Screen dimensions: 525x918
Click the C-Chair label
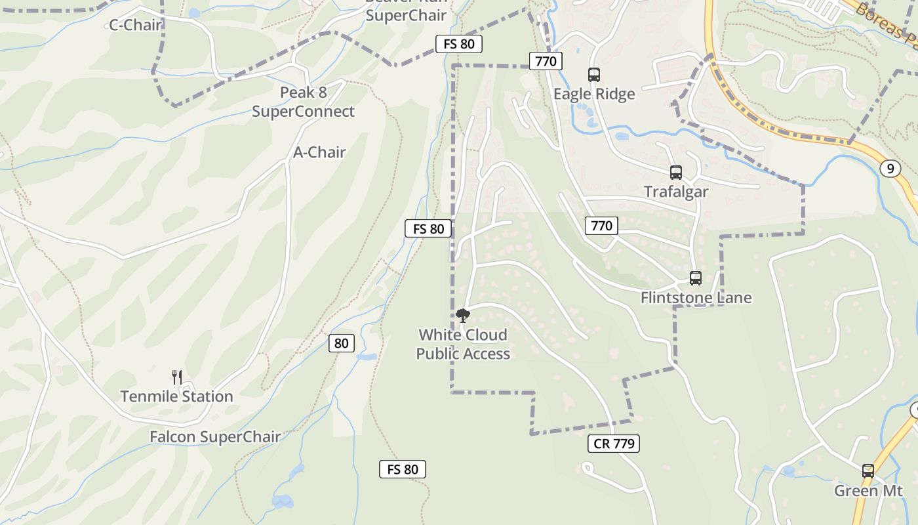135,25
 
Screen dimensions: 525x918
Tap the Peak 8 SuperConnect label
303,102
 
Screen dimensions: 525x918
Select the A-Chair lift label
319,152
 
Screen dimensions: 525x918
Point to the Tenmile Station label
176,396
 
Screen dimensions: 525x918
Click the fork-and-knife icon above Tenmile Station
176,377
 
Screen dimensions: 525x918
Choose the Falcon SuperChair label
215,436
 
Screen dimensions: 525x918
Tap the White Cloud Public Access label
463,345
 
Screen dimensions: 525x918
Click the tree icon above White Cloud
463,316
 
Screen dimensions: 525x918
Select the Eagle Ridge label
594,94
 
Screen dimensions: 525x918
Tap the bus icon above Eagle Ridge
594,75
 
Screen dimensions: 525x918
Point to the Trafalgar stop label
676,192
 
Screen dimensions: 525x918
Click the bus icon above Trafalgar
676,173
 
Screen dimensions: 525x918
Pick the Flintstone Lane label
696,298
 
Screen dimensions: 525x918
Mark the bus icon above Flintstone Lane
696,278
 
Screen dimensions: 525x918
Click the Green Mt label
868,491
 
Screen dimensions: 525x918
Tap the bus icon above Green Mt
868,471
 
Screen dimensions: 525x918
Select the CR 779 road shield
614,444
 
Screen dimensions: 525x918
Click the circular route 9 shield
890,169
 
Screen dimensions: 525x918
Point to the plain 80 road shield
342,343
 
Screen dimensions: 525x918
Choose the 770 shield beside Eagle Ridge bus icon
546,62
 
